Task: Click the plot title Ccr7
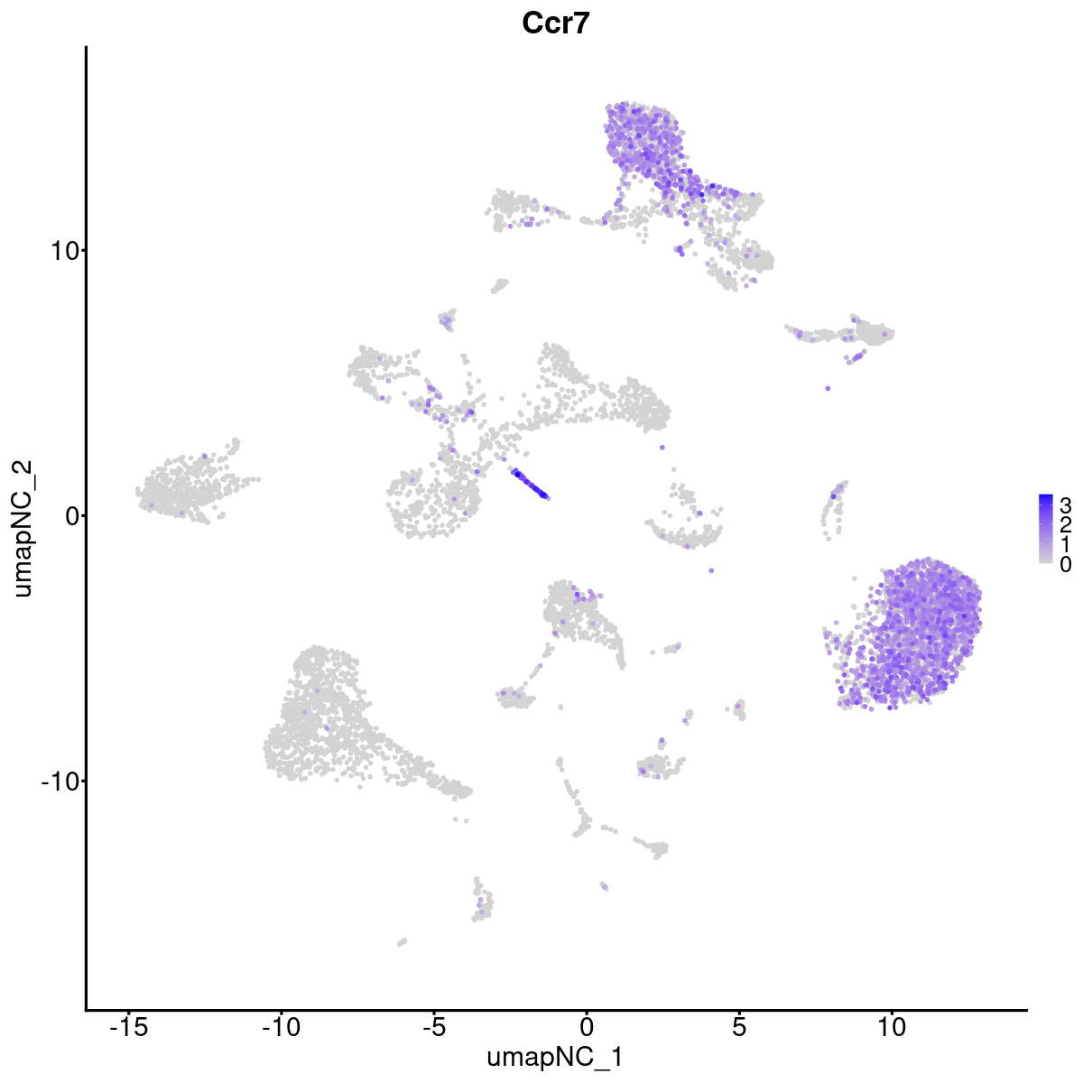[x=556, y=24]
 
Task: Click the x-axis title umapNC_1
[x=555, y=1057]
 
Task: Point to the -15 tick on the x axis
[x=128, y=1027]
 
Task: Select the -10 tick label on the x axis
[x=281, y=1027]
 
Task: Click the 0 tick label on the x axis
[x=587, y=1027]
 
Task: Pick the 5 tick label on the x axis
[x=739, y=1027]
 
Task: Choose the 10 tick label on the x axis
[x=892, y=1027]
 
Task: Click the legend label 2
[x=1066, y=523]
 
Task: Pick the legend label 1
[x=1066, y=544]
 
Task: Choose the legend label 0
[x=1066, y=564]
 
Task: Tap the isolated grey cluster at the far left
[x=185, y=487]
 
